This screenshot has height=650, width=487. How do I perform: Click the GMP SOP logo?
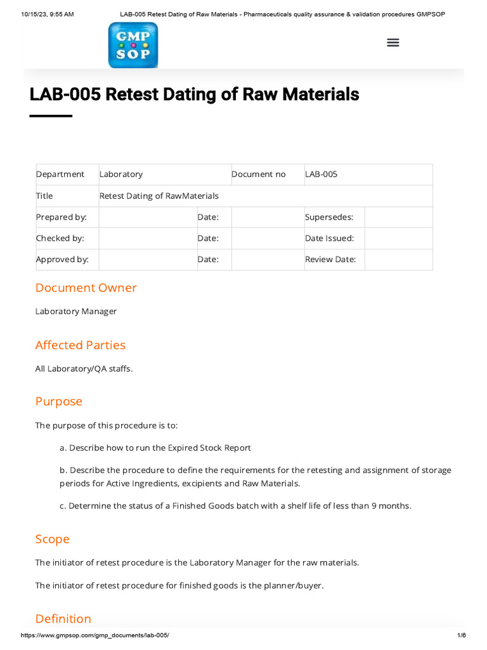133,45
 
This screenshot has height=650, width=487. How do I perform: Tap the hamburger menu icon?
393,43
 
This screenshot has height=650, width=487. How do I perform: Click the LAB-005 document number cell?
321,174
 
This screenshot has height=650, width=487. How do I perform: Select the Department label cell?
60,174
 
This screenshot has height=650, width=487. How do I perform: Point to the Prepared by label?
62,217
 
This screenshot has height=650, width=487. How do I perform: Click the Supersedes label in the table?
329,217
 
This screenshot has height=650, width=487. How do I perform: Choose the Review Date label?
330,259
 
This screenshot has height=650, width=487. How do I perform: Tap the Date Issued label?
330,238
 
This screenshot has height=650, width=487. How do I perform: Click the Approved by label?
62,259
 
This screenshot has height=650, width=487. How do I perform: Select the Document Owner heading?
86,288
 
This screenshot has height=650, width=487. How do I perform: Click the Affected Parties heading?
81,345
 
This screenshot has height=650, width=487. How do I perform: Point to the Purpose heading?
59,401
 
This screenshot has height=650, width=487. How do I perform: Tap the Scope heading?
53,539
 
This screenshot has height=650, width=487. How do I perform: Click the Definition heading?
63,618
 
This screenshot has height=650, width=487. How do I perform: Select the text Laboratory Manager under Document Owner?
76,311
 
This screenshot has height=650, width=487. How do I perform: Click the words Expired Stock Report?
209,448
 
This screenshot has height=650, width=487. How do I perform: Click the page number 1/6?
462,635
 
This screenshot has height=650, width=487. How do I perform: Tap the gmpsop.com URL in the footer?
95,635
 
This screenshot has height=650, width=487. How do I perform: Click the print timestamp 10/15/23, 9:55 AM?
48,14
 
